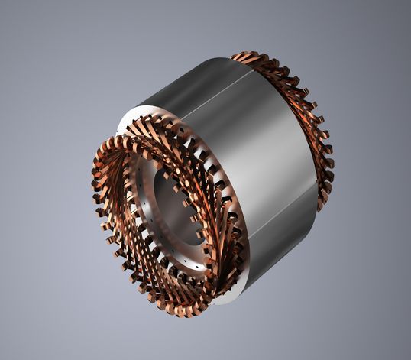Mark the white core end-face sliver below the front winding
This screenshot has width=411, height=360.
tap(222, 298)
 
